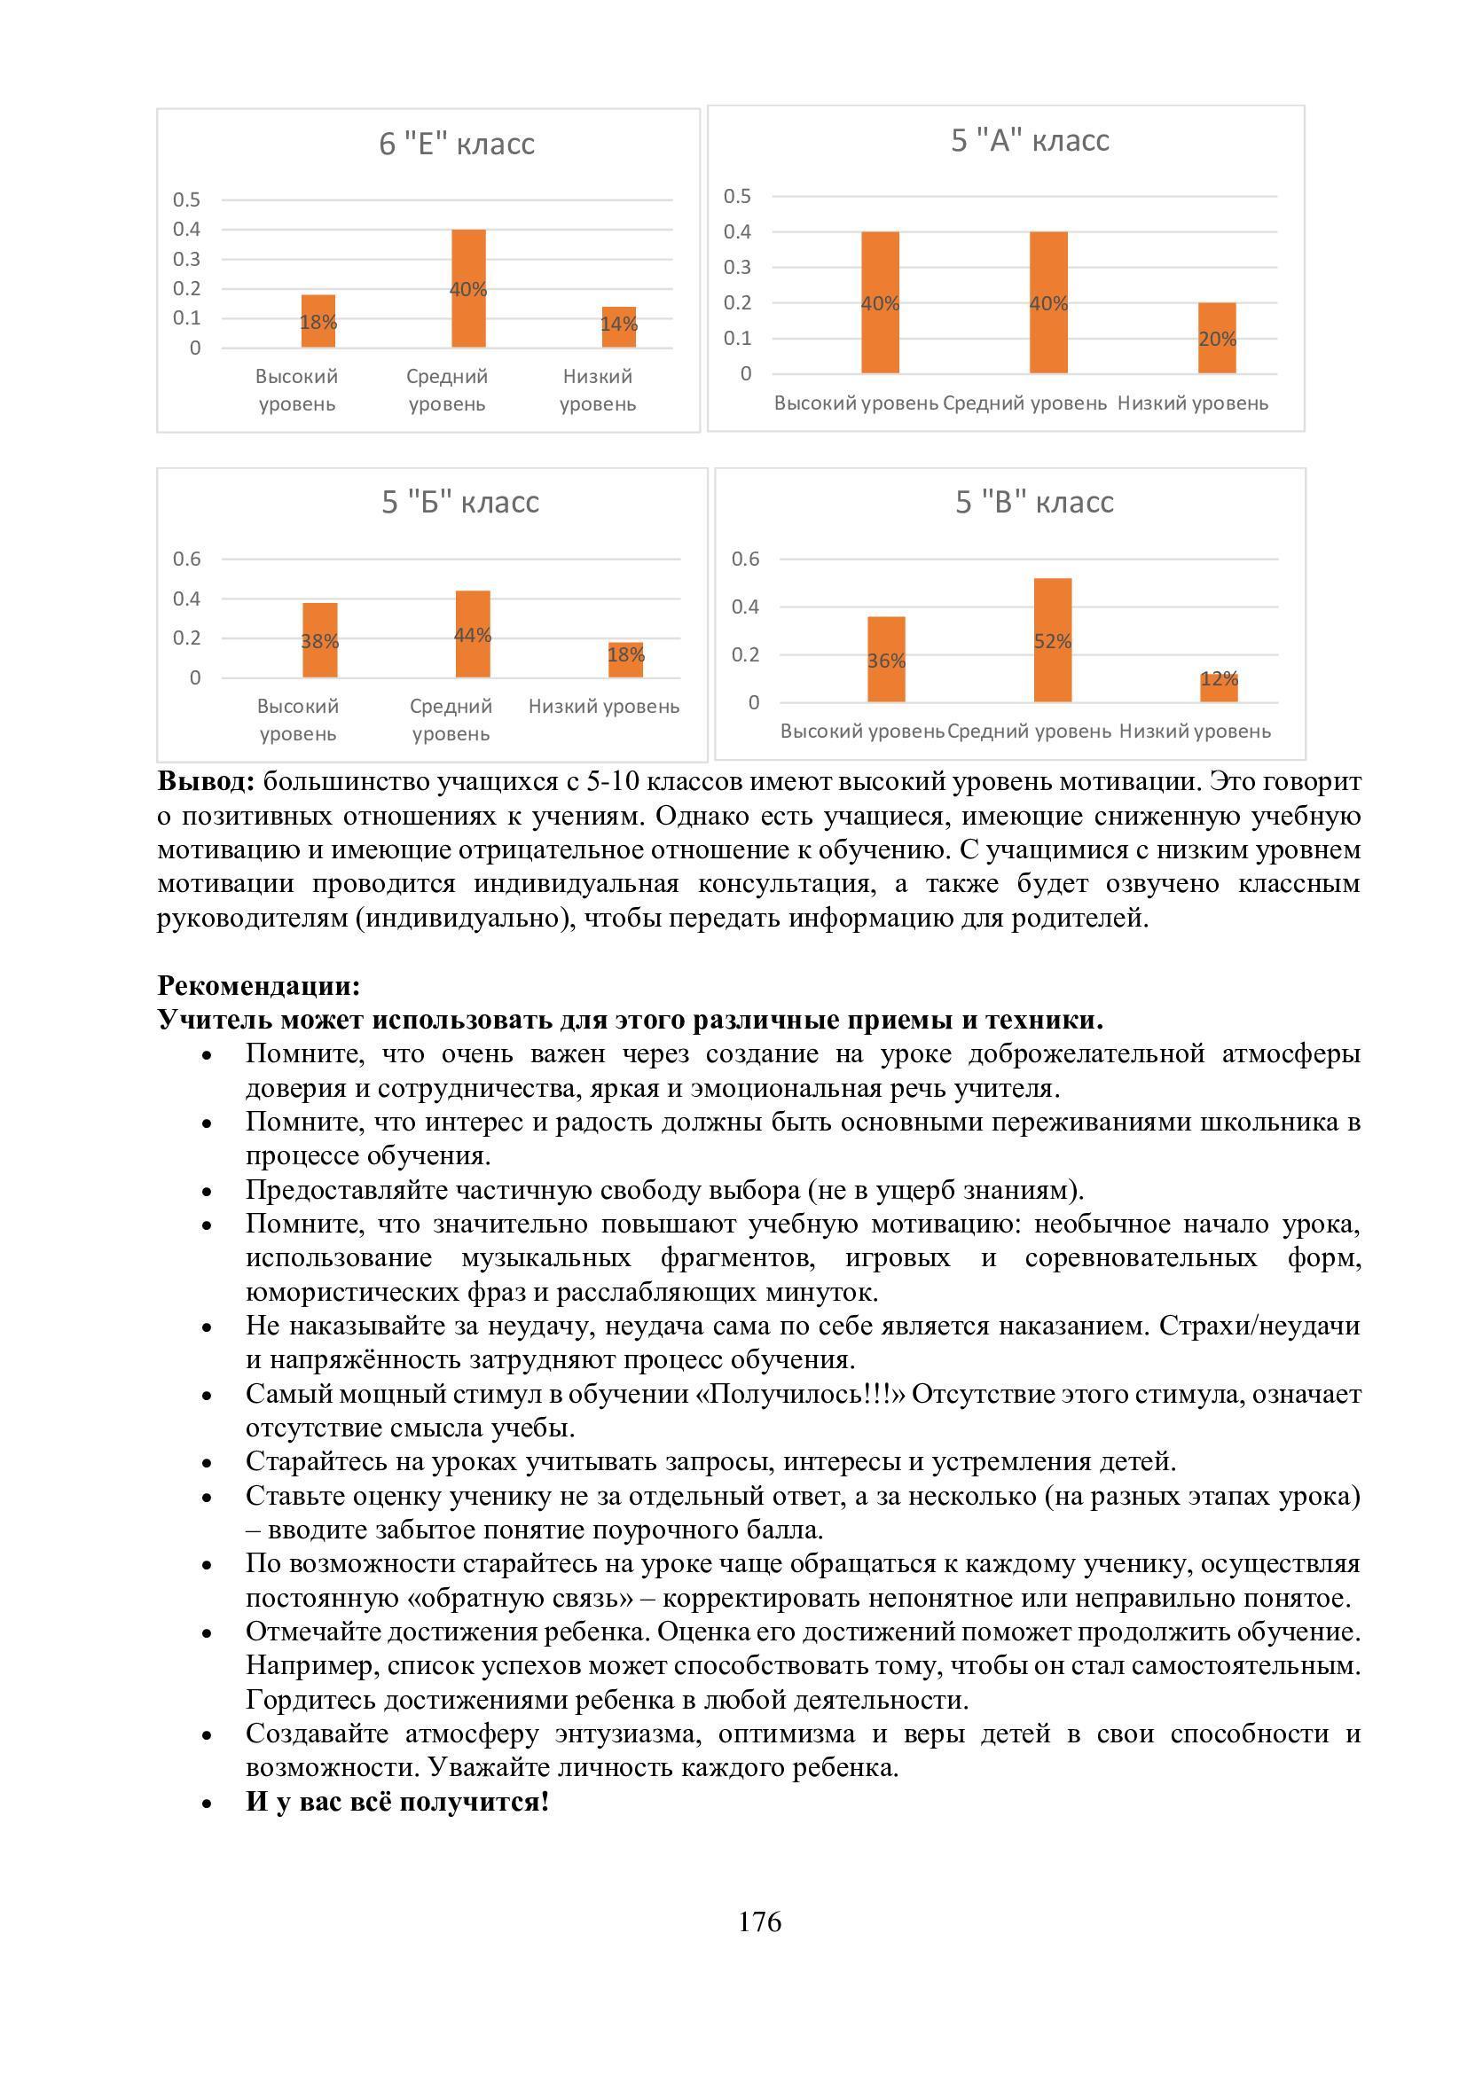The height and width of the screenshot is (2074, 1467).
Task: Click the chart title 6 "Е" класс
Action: [457, 144]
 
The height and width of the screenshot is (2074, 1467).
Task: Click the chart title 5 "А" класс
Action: [1030, 141]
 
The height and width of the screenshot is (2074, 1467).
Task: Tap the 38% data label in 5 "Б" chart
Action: [320, 641]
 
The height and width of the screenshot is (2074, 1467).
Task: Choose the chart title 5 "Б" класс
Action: [459, 502]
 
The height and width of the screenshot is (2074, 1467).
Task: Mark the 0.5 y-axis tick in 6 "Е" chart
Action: [187, 200]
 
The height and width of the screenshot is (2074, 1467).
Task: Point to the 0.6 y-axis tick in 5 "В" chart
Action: [745, 560]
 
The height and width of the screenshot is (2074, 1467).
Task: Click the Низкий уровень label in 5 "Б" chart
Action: [603, 707]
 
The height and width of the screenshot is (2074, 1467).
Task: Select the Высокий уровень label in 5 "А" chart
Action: [855, 403]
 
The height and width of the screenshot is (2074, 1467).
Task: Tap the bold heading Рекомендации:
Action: [258, 984]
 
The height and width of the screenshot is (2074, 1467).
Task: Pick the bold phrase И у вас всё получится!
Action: [397, 1802]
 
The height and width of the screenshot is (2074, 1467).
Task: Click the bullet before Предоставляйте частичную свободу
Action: [208, 1193]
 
